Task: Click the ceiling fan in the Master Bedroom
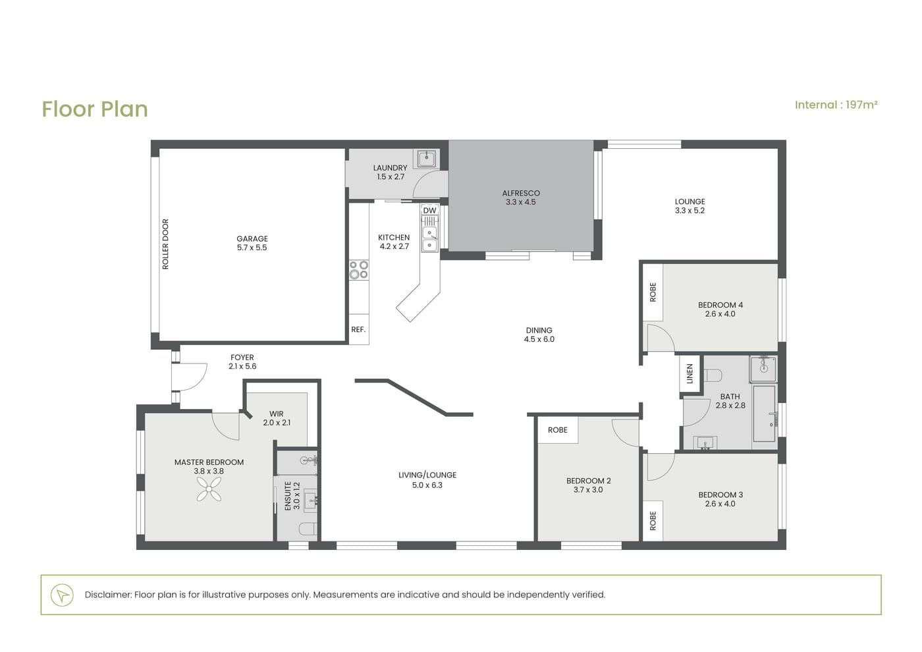pyautogui.click(x=209, y=489)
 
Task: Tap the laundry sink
pyautogui.click(x=427, y=159)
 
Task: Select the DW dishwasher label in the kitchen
pyautogui.click(x=429, y=210)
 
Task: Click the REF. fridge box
pyautogui.click(x=358, y=329)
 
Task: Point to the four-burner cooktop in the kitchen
pyautogui.click(x=358, y=270)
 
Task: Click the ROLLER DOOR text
pyautogui.click(x=165, y=244)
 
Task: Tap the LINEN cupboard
pyautogui.click(x=690, y=374)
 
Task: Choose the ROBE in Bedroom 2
pyautogui.click(x=558, y=429)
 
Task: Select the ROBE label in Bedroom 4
pyautogui.click(x=653, y=292)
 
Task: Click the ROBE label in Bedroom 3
pyautogui.click(x=653, y=521)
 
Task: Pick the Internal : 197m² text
pyautogui.click(x=836, y=105)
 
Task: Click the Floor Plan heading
pyautogui.click(x=95, y=109)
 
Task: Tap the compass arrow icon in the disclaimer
pyautogui.click(x=62, y=595)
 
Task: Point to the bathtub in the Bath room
pyautogui.click(x=765, y=414)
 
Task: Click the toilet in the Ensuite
pyautogui.click(x=308, y=529)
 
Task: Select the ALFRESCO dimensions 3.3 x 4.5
pyautogui.click(x=521, y=202)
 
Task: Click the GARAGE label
pyautogui.click(x=252, y=238)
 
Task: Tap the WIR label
pyautogui.click(x=277, y=414)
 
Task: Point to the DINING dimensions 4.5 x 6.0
pyautogui.click(x=539, y=339)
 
